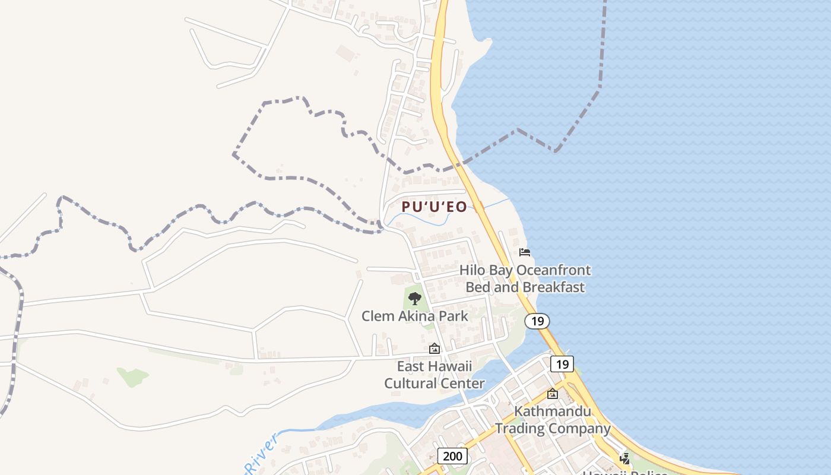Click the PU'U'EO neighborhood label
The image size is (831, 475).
click(x=434, y=207)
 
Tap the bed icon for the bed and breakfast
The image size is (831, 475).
click(x=525, y=252)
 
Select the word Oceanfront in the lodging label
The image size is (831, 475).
click(x=553, y=270)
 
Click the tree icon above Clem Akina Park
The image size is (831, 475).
click(x=415, y=299)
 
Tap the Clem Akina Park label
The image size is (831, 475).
click(x=414, y=316)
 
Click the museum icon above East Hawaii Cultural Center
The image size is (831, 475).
click(x=434, y=349)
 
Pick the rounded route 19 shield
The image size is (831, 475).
click(x=537, y=321)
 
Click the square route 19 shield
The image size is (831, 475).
click(x=562, y=364)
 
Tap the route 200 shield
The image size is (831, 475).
click(x=452, y=456)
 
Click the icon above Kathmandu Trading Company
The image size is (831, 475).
click(x=553, y=394)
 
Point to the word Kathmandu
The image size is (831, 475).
click(x=552, y=411)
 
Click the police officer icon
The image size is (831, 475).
click(x=624, y=458)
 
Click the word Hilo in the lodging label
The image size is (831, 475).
click(x=472, y=270)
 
